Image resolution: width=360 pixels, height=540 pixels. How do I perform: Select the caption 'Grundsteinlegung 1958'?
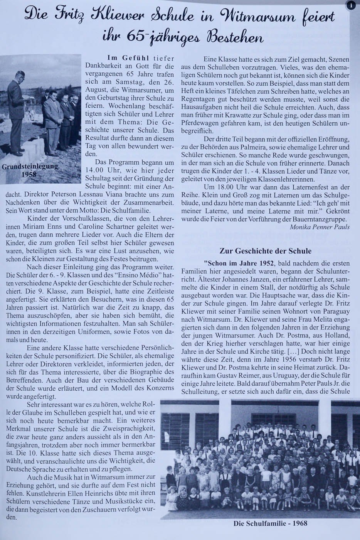pos(30,170)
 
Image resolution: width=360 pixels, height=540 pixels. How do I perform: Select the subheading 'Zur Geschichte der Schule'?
pos(265,251)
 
